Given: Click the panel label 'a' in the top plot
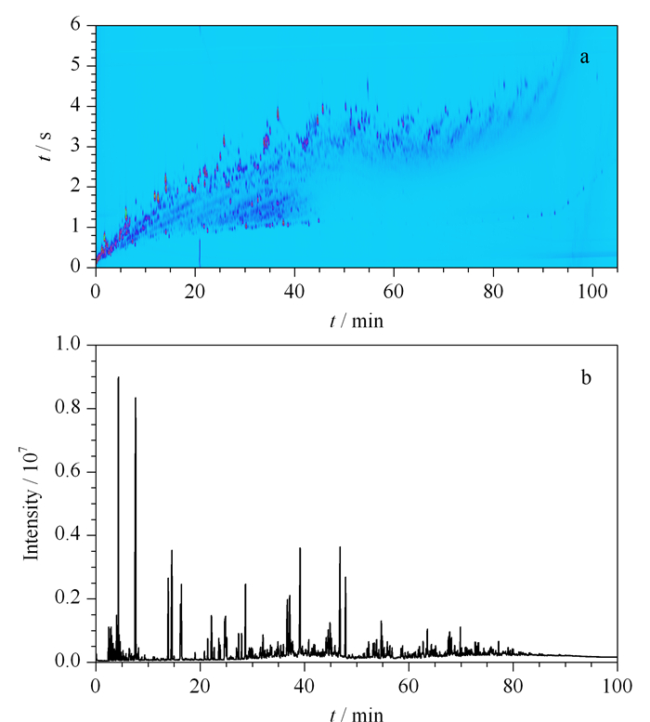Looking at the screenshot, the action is [x=584, y=58].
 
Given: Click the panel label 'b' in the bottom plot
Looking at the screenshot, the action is [x=586, y=377].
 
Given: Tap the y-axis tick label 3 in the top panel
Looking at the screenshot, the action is [x=75, y=146].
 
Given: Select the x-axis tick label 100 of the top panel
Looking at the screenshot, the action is [x=592, y=292].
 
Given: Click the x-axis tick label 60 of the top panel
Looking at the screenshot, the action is [x=394, y=292].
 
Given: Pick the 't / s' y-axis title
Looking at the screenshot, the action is [x=45, y=146].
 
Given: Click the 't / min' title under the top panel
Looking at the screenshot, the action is [x=357, y=321].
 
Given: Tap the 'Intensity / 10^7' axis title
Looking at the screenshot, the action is [x=31, y=504].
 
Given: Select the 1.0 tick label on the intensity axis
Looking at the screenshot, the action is [x=68, y=344].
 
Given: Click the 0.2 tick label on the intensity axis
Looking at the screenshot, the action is [x=68, y=597].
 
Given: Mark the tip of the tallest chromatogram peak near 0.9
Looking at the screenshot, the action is [x=118, y=377].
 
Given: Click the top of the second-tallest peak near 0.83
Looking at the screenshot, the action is [x=136, y=398].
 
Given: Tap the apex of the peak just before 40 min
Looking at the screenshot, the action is [x=300, y=548].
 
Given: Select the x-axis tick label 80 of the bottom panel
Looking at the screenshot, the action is [x=513, y=686].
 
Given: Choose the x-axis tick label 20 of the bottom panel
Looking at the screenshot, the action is [x=200, y=686].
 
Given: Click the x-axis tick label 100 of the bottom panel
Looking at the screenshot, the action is [x=617, y=686].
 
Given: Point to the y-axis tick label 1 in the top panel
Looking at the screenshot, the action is [x=75, y=226].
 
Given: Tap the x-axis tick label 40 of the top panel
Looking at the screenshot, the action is [x=294, y=292].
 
